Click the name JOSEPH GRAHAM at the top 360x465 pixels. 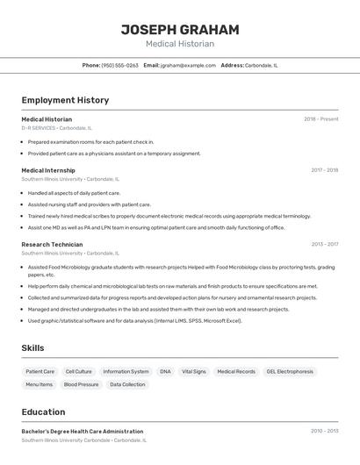point(180,28)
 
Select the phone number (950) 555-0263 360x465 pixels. point(120,65)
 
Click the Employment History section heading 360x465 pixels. point(65,100)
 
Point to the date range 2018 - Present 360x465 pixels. point(321,119)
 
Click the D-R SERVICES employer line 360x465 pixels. point(56,128)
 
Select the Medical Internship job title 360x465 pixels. point(48,170)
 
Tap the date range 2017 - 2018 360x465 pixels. point(324,170)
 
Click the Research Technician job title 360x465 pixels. point(52,245)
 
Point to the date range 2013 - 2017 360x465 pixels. point(324,245)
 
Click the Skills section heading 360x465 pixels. point(32,348)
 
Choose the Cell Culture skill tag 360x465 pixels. point(78,372)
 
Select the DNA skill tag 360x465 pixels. point(165,372)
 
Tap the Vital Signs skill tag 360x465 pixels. point(193,372)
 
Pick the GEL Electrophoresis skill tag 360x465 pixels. point(290,372)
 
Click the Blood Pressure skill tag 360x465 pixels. point(81,384)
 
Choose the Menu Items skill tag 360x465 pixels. point(40,384)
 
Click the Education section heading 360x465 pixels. point(43,412)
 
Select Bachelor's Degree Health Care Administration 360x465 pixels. point(83,432)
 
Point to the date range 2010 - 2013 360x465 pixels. point(324,432)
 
